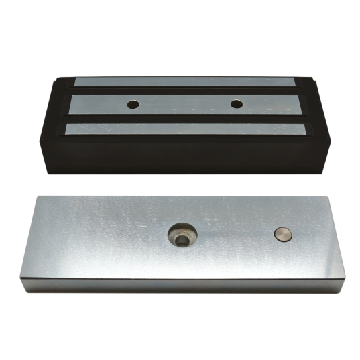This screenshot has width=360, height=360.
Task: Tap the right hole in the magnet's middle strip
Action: point(236,104)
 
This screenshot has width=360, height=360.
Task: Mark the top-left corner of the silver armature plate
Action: point(39,196)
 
